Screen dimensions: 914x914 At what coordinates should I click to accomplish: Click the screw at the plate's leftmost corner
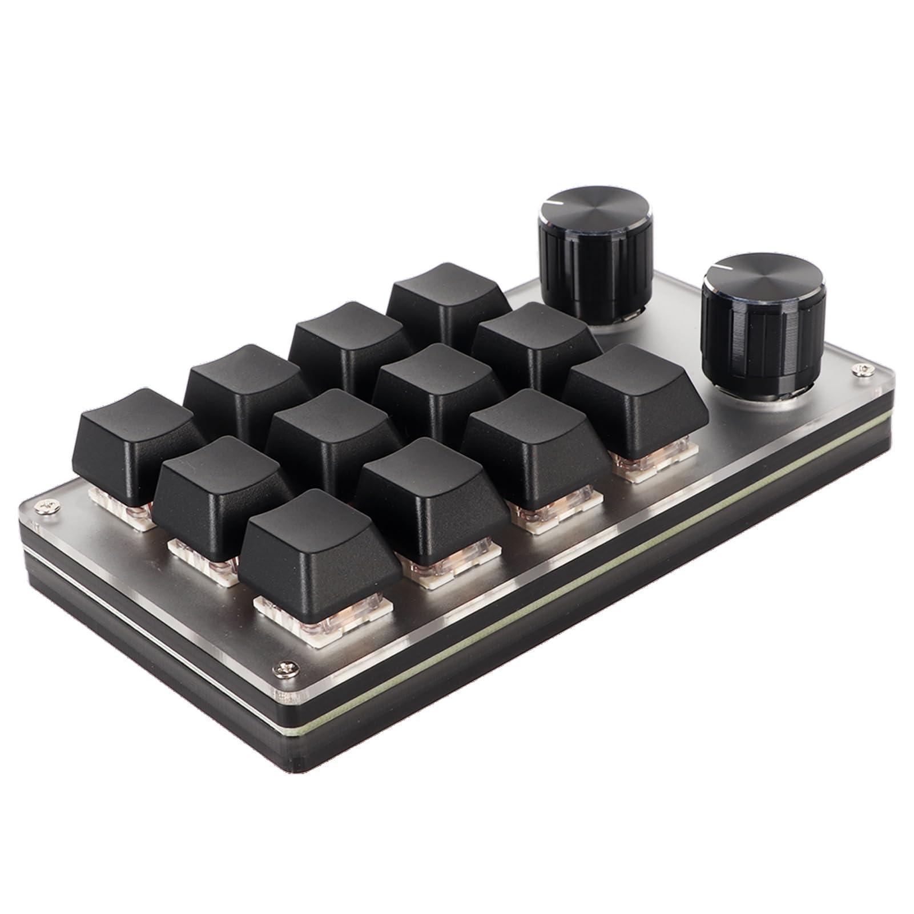tap(43, 505)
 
